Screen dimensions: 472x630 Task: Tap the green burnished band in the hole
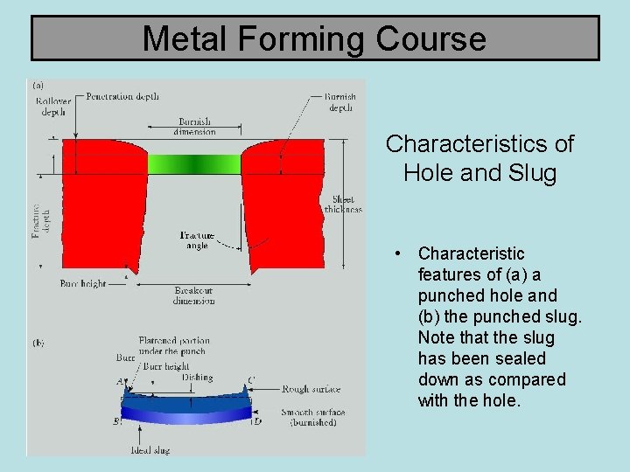194,163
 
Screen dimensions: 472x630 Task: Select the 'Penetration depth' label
122,96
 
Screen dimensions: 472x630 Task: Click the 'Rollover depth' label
53,107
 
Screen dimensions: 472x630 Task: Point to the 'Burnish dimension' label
194,127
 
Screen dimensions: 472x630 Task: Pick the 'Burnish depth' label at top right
339,102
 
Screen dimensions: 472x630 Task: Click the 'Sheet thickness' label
343,205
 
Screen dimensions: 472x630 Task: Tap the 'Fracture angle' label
197,240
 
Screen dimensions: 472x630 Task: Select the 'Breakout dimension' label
193,295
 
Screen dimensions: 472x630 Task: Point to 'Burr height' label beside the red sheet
83,283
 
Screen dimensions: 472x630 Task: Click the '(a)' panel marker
38,86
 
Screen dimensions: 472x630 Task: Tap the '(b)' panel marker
38,344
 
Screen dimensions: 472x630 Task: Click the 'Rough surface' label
311,389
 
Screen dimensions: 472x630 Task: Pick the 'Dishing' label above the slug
197,378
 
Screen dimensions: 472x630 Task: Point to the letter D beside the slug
257,422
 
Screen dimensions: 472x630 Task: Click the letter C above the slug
252,380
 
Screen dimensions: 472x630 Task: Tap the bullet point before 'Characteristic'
397,253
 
